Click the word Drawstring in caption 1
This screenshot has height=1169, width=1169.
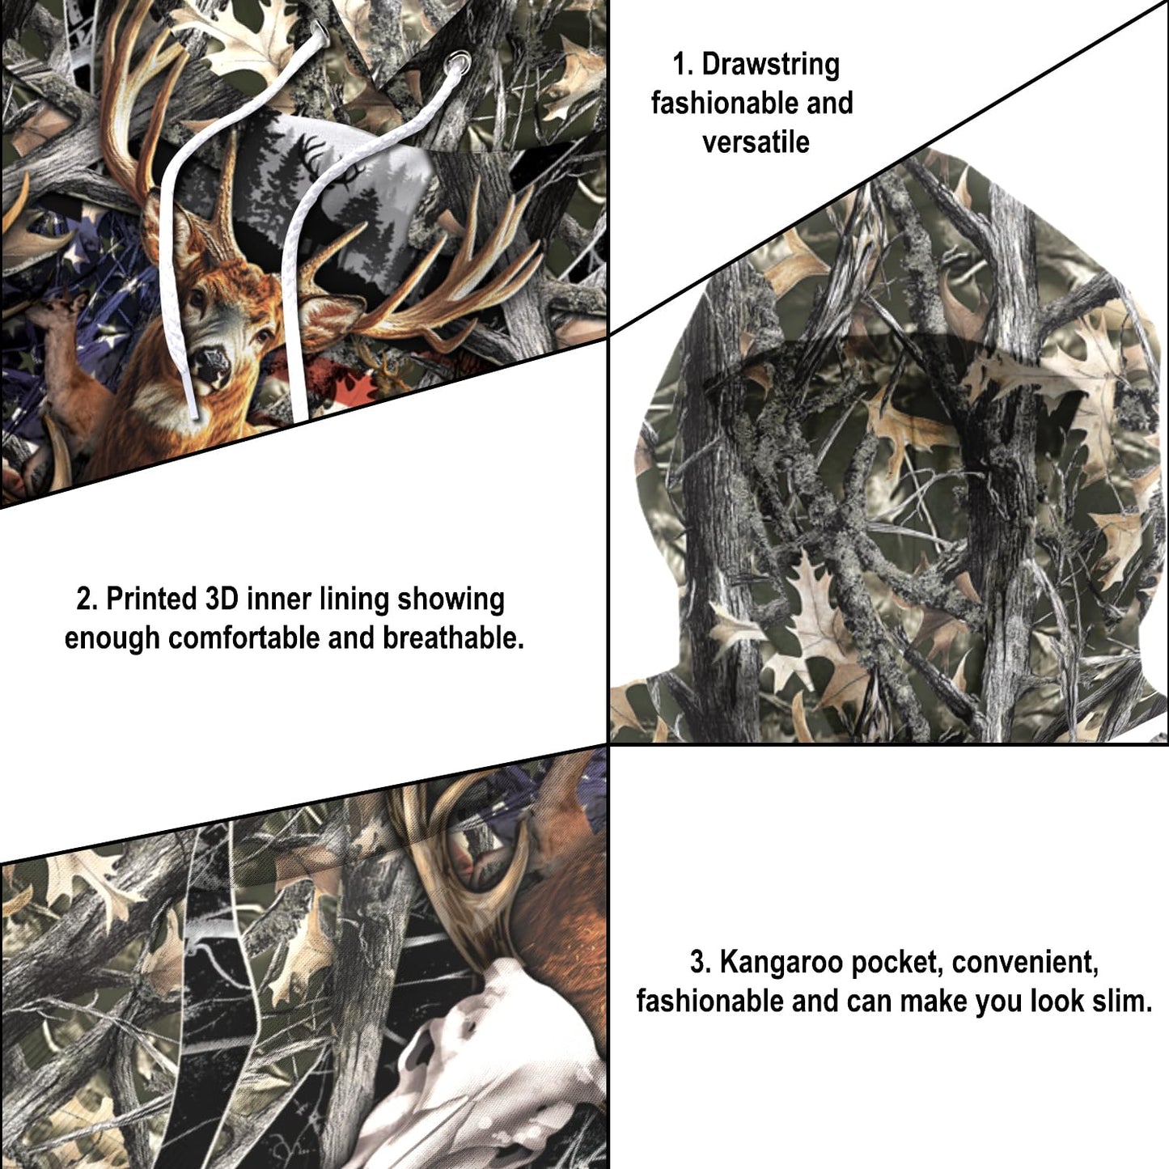(770, 65)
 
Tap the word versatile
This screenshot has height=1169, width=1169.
(756, 142)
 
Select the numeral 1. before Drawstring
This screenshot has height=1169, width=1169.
(683, 65)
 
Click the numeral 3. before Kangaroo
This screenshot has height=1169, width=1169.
(701, 963)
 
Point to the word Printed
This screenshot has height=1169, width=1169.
(151, 599)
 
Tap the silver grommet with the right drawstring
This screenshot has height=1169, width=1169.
(459, 61)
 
